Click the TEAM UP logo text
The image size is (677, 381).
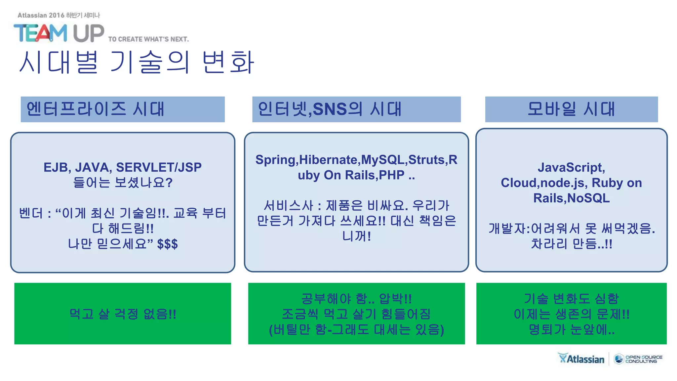point(59,33)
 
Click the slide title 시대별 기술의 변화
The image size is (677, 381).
point(137,62)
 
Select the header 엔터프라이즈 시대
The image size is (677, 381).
point(96,109)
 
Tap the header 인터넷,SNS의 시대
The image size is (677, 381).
point(330,109)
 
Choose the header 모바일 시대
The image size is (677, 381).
point(571,109)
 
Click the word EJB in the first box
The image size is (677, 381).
point(55,167)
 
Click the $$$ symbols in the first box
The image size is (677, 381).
point(167,244)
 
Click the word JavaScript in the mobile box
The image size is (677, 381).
point(571,167)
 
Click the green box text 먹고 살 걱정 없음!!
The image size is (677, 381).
point(123,314)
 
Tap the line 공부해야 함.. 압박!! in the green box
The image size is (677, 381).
point(356,299)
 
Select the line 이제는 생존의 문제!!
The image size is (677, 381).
point(571,314)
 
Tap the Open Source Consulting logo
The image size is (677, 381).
point(638,359)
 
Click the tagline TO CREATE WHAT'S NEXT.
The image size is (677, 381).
point(148,39)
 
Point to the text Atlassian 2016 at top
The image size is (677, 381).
point(41,15)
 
